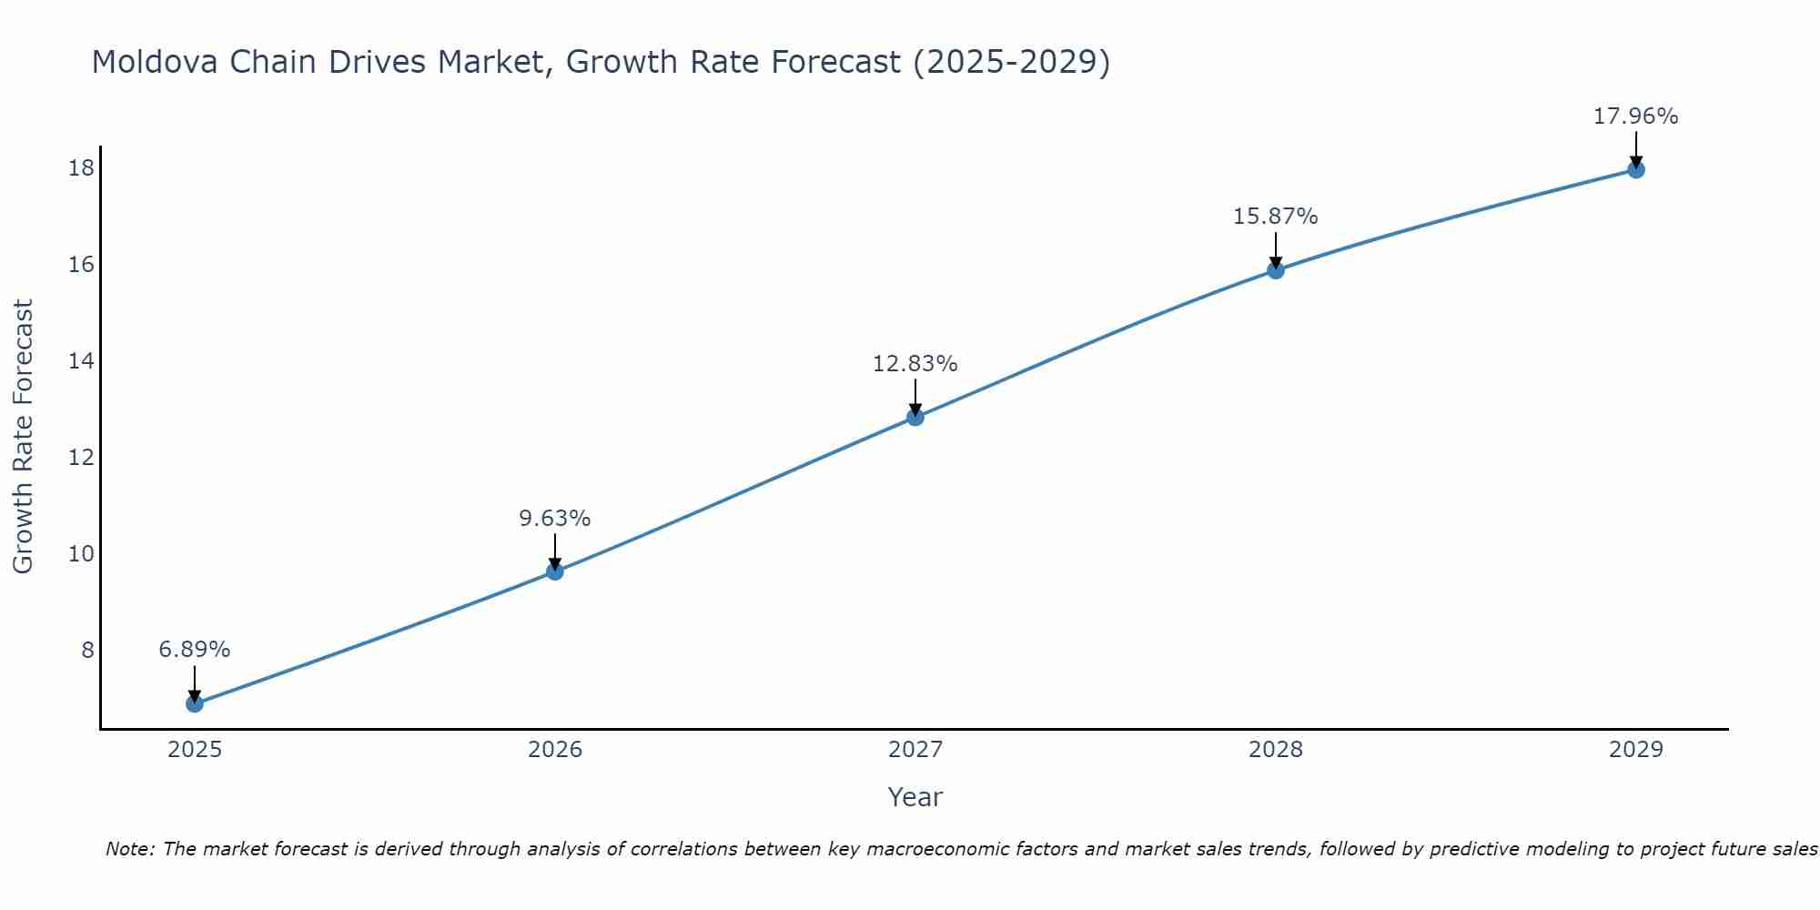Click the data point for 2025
coord(195,703)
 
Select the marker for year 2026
coord(555,571)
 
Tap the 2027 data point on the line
coord(915,417)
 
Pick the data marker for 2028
coord(1276,270)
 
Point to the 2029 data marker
coord(1636,169)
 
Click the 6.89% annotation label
coord(195,650)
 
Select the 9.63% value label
coord(555,519)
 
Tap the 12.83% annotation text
coord(915,364)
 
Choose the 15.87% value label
coord(1276,217)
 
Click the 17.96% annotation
coord(1636,116)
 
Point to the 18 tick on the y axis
coord(81,168)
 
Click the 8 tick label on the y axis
coord(87,651)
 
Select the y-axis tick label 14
coord(81,361)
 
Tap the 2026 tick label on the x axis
coord(555,750)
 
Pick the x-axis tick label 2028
coord(1276,750)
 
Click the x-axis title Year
coord(915,797)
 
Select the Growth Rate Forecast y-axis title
coord(24,437)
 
